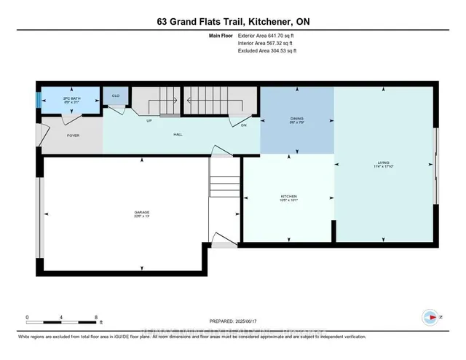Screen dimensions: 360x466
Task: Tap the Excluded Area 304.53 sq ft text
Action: point(267,51)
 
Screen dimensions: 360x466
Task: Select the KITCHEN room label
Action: point(289,196)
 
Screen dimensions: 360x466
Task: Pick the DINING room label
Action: point(296,118)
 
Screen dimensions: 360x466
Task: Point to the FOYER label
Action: point(73,136)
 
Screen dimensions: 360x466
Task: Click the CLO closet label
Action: point(115,96)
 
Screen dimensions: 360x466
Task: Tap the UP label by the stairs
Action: point(149,120)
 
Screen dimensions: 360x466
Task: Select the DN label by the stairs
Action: point(243,125)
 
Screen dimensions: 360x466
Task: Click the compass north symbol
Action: point(431,317)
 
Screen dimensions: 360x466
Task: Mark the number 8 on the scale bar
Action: point(95,317)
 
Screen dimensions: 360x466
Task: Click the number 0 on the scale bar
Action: point(27,317)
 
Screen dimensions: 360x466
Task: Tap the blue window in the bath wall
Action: point(39,101)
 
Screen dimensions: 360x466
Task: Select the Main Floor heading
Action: point(220,36)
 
